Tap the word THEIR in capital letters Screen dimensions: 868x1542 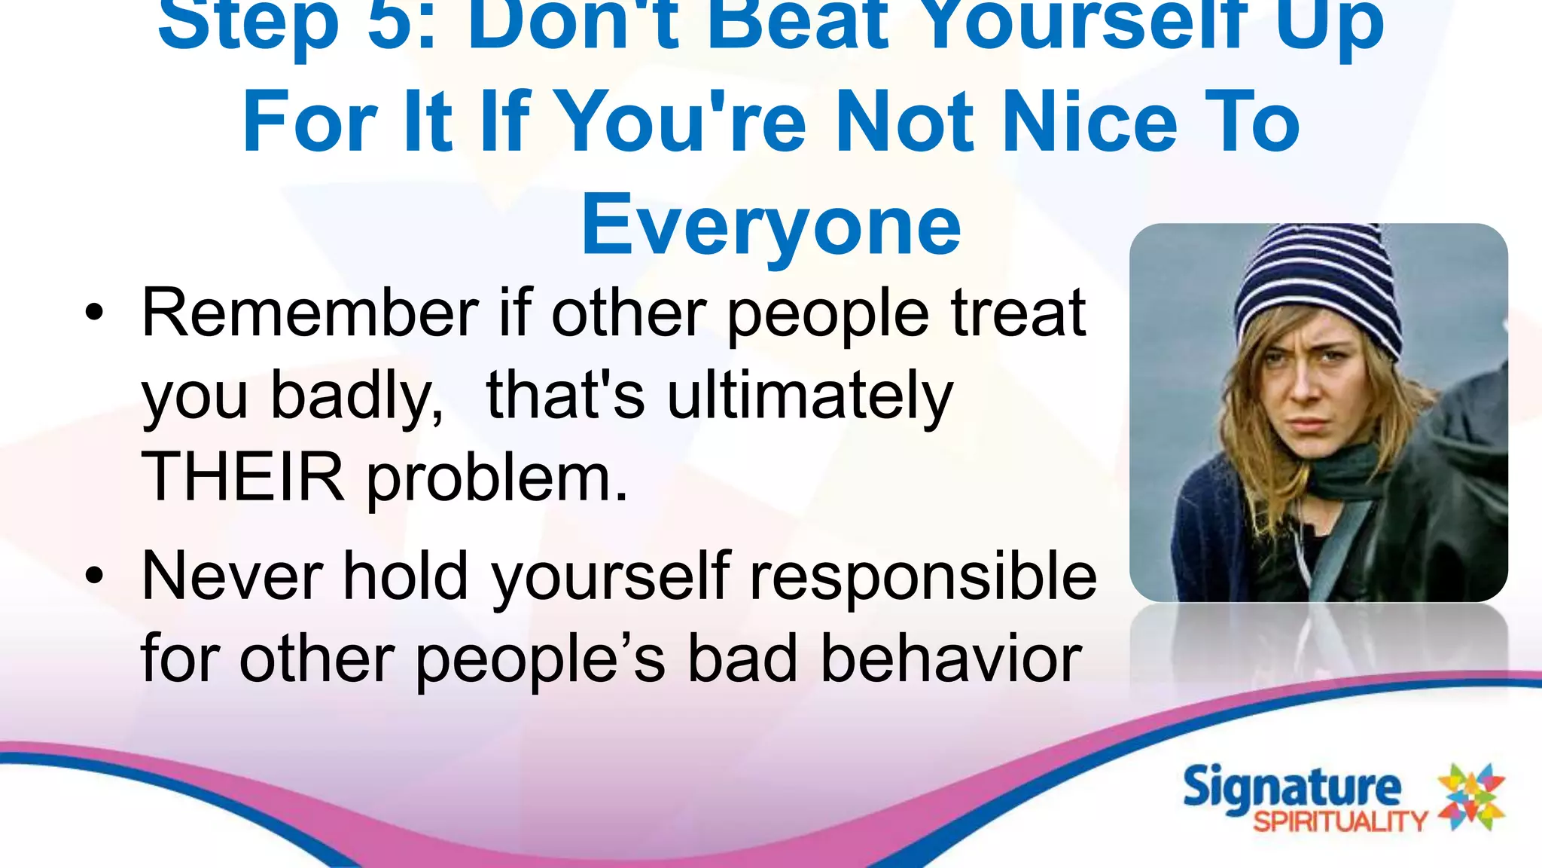point(242,477)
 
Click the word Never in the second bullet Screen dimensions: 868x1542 point(233,576)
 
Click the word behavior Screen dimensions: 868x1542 point(951,659)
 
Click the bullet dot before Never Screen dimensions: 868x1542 point(94,576)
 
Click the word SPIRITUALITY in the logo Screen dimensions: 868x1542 point(1340,821)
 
